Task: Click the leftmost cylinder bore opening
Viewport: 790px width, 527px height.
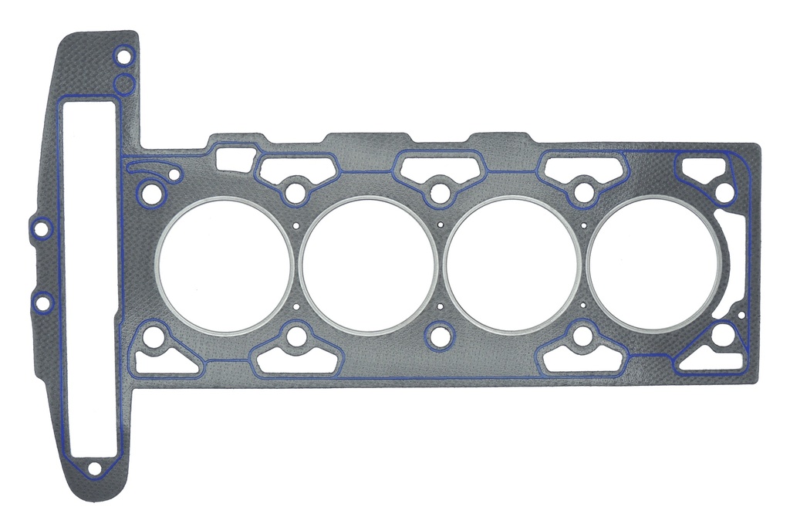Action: click(x=225, y=266)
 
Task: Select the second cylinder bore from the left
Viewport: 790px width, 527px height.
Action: click(x=368, y=265)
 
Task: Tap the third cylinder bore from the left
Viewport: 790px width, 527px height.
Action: click(x=511, y=266)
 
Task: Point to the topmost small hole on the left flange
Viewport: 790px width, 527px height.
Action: click(x=122, y=56)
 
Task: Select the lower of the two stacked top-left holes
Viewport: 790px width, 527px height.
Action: click(x=123, y=83)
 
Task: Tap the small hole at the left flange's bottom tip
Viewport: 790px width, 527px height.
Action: click(x=94, y=468)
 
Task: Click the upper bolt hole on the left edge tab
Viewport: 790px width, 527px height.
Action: click(x=42, y=228)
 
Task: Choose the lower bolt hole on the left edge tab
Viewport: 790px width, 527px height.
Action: click(x=42, y=302)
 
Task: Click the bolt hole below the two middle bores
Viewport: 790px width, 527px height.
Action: click(x=439, y=336)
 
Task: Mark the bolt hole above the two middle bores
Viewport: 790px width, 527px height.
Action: click(x=439, y=192)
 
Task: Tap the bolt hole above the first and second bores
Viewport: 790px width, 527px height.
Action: click(x=295, y=191)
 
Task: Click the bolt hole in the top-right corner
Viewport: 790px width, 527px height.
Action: click(x=724, y=191)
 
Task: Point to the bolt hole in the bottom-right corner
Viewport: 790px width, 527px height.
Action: click(x=722, y=336)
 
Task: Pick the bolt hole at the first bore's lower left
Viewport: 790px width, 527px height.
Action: click(x=154, y=336)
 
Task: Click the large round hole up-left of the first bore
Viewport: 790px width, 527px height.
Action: click(x=151, y=193)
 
